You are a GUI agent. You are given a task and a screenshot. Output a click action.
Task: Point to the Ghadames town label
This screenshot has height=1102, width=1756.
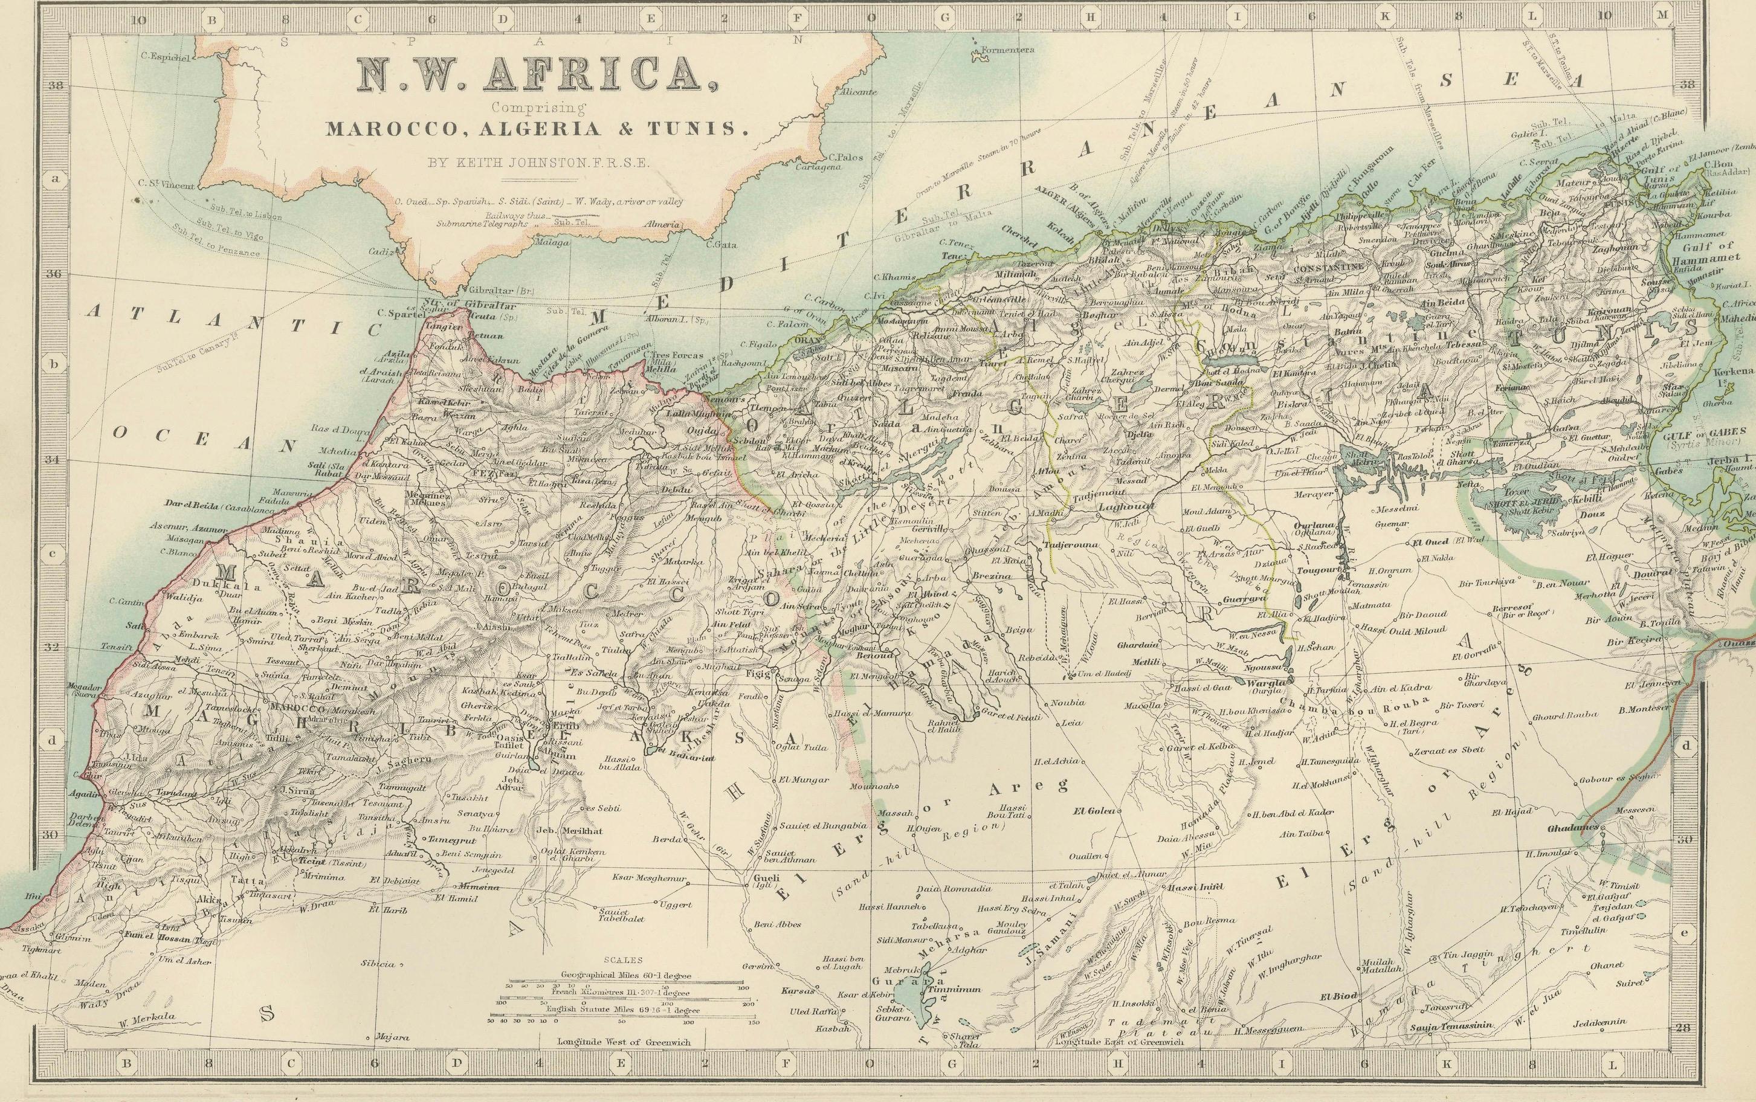coord(1572,828)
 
